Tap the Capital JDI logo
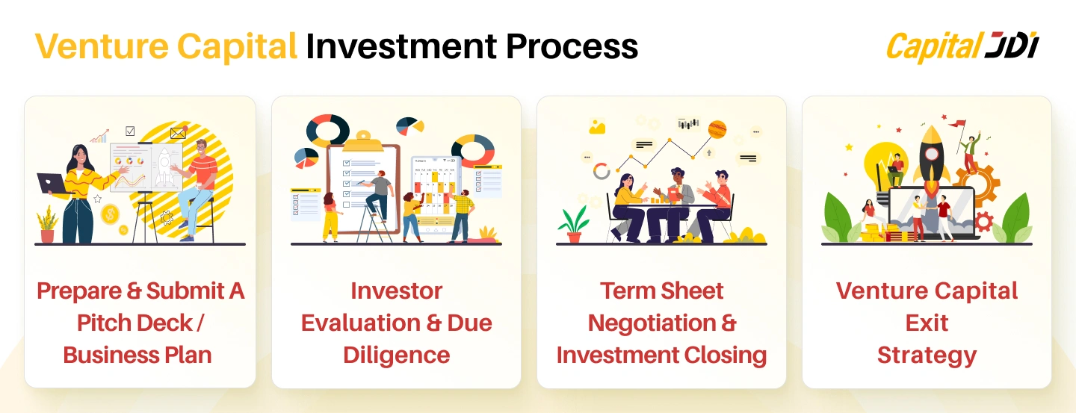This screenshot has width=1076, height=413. pyautogui.click(x=962, y=47)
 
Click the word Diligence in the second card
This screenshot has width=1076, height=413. pyautogui.click(x=396, y=355)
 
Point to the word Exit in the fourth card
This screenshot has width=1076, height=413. pyautogui.click(x=927, y=323)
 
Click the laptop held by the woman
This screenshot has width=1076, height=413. pyautogui.click(x=50, y=181)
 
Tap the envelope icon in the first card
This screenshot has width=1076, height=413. pyautogui.click(x=178, y=134)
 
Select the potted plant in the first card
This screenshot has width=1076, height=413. pyautogui.click(x=47, y=224)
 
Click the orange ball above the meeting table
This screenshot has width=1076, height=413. pyautogui.click(x=717, y=129)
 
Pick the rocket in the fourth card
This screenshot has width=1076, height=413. pyautogui.click(x=932, y=161)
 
